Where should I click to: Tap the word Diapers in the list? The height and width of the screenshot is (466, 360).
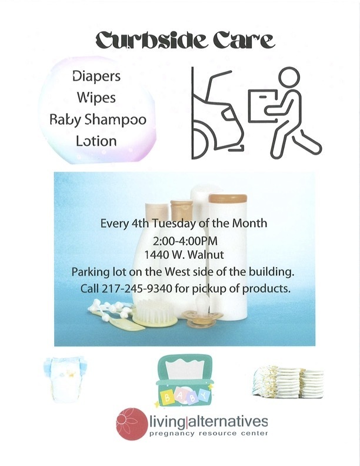[x=96, y=76]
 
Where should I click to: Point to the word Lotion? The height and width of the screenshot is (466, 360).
[x=96, y=141]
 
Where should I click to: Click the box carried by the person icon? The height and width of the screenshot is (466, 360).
[x=262, y=105]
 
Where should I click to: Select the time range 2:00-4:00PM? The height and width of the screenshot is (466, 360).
[x=185, y=241]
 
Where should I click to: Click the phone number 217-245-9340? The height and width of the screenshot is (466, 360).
[x=137, y=288]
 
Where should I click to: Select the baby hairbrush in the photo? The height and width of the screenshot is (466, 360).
[x=155, y=313]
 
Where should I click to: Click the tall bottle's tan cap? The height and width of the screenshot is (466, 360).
[x=228, y=198]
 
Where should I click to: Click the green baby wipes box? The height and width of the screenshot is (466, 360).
[x=184, y=381]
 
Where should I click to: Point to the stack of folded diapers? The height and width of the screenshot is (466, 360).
[x=288, y=382]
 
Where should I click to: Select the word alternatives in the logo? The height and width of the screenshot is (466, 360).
[x=228, y=421]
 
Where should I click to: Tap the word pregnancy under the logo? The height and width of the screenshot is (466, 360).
[x=172, y=434]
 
